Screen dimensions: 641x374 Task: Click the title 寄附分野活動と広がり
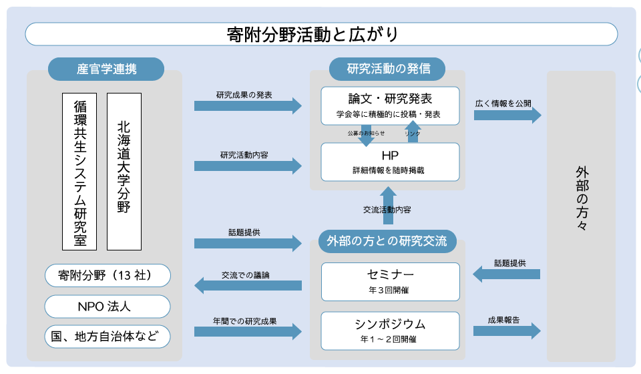pos(312,34)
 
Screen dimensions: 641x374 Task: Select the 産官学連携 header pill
pos(106,69)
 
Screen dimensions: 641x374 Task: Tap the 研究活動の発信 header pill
pos(387,69)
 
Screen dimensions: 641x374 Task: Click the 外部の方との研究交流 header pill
pos(387,241)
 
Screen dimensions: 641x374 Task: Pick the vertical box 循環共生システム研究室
pos(79,172)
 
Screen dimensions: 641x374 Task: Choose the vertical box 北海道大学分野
pos(124,172)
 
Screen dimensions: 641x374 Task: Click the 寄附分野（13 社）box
pos(108,276)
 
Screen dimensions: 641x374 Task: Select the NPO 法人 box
pos(108,307)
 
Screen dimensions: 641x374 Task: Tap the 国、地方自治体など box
pos(108,337)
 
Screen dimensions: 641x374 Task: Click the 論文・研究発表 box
pos(391,106)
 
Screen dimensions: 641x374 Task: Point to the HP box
pos(391,162)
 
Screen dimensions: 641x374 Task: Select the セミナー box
pos(391,282)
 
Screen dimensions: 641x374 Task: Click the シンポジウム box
pos(391,331)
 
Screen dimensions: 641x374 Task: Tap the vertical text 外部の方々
pos(582,198)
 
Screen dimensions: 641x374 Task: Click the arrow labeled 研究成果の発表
pos(248,106)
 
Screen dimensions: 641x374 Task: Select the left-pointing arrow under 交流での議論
pos(248,285)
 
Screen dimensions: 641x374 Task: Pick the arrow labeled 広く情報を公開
pos(507,115)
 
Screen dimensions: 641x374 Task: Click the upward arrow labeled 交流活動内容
pos(388,205)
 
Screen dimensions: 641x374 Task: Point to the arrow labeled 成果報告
pos(507,331)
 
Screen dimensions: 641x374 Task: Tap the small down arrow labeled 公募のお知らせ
pos(366,134)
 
